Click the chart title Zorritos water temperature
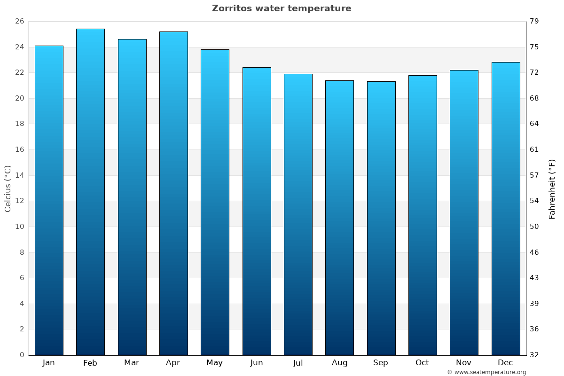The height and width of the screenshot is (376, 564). click(x=282, y=8)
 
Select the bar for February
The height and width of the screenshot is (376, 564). click(x=90, y=192)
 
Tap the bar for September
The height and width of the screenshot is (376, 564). click(x=381, y=218)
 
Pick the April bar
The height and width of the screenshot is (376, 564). click(x=173, y=193)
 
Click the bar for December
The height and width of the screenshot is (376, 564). click(x=506, y=208)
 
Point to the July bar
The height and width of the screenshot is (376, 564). click(x=298, y=214)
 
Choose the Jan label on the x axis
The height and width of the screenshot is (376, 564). click(x=48, y=362)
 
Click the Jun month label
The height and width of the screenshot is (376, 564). click(x=257, y=362)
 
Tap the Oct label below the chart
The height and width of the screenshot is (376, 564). click(x=422, y=362)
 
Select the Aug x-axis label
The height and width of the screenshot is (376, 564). click(x=339, y=362)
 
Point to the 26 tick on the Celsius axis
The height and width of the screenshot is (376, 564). click(x=19, y=21)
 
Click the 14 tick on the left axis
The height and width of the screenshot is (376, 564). click(x=19, y=175)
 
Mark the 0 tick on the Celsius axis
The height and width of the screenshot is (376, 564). click(x=22, y=355)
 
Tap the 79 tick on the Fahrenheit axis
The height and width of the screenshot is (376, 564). click(x=534, y=21)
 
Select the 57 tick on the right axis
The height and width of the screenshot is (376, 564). click(x=534, y=175)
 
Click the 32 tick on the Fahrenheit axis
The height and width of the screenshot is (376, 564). click(x=534, y=355)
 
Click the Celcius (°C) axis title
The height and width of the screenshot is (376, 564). click(x=8, y=188)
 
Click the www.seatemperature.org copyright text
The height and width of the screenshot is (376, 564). click(x=486, y=372)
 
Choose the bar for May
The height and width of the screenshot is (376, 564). click(x=215, y=202)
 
